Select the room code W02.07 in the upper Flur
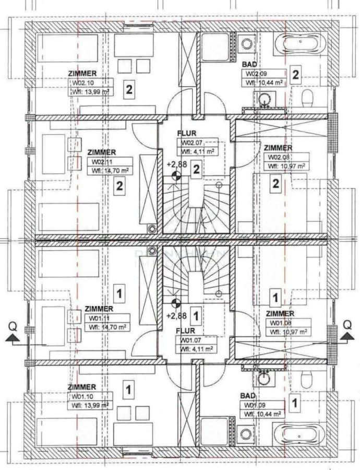tap(190, 143)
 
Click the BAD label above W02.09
tap(248, 64)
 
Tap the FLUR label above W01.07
tap(185, 331)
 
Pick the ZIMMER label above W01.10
tap(82, 387)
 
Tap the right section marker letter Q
tap(346, 325)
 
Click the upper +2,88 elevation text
tap(176, 164)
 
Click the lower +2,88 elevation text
tap(176, 316)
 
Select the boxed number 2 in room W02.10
tap(128, 89)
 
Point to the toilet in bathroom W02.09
tap(308, 97)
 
